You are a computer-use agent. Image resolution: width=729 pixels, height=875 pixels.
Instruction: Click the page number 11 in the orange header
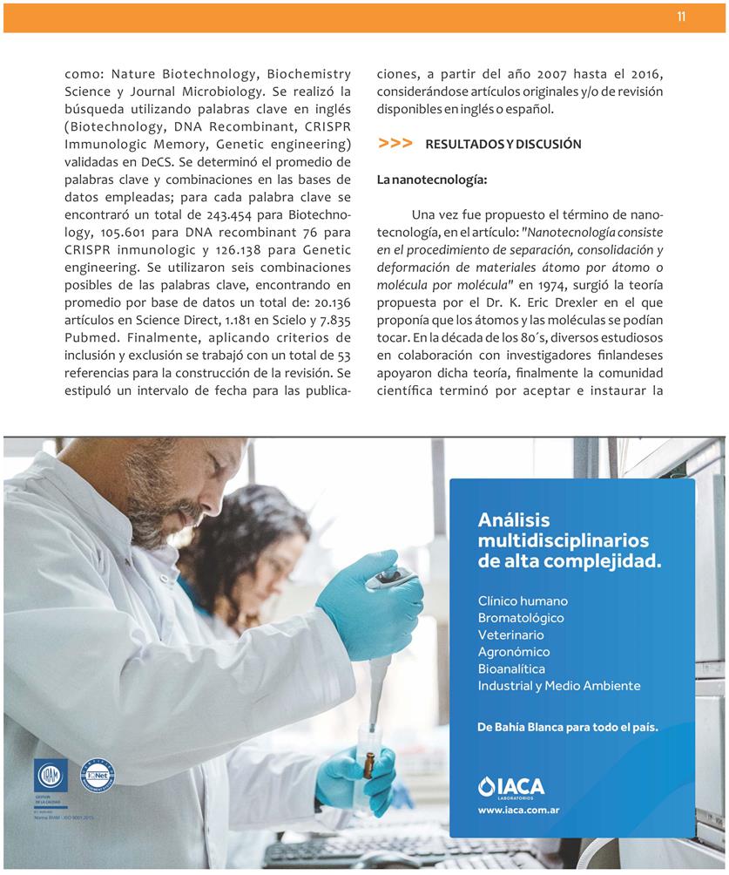coord(681,17)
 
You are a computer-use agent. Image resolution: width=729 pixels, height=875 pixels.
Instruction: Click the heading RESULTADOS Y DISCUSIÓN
coord(503,145)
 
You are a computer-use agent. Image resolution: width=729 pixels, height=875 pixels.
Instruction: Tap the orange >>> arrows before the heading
coord(395,144)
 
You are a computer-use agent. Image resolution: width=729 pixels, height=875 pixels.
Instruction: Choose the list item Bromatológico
coord(521,618)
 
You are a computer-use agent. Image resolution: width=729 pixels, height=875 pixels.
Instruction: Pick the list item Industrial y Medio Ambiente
coord(559,686)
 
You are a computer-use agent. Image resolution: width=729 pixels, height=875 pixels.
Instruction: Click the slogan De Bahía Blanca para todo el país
coord(568,726)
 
